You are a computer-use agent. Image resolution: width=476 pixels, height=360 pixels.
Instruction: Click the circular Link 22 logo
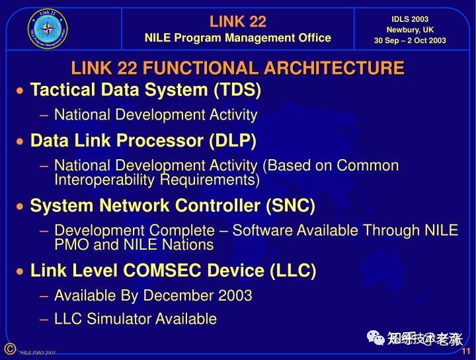[x=47, y=29]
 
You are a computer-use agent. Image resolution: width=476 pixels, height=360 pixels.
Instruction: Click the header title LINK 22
[x=237, y=21]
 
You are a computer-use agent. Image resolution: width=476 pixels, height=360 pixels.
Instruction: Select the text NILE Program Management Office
[x=237, y=38]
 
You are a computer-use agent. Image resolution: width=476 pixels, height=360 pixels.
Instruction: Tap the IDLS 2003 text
[x=410, y=19]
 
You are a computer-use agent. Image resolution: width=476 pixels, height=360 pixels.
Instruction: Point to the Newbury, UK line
[x=410, y=30]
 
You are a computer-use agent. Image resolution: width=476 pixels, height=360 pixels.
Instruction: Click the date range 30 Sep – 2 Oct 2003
[x=410, y=40]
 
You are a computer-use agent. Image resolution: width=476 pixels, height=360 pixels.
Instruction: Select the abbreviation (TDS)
[x=237, y=89]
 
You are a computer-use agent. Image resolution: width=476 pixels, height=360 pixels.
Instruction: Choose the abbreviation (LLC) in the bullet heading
[x=292, y=271]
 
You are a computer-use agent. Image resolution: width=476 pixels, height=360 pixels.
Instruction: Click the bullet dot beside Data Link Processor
[x=21, y=141]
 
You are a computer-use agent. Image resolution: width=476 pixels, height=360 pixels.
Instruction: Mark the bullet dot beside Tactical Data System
[x=21, y=90]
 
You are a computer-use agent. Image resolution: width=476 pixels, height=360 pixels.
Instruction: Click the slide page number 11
[x=465, y=351]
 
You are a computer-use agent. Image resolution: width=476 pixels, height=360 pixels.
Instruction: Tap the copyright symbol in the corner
[x=9, y=348]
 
